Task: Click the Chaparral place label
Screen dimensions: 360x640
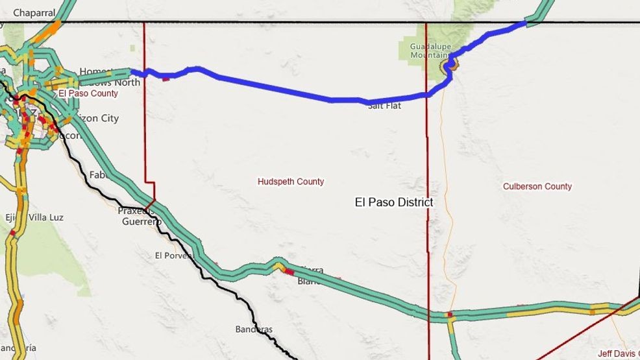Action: point(34,12)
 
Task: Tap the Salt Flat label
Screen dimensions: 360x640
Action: point(384,106)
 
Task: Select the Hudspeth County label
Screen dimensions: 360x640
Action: point(291,182)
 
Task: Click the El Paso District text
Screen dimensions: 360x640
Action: point(393,202)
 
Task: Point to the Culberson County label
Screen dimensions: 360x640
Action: point(537,186)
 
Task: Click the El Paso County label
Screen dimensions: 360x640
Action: point(88,93)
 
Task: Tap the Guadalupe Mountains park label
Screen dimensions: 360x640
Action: point(428,51)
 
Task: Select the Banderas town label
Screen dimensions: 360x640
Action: point(254,329)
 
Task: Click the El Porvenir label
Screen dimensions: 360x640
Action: point(174,256)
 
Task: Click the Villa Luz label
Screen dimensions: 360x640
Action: point(46,217)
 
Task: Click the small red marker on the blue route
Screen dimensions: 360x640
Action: point(166,78)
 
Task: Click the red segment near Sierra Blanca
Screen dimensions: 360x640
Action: point(289,271)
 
